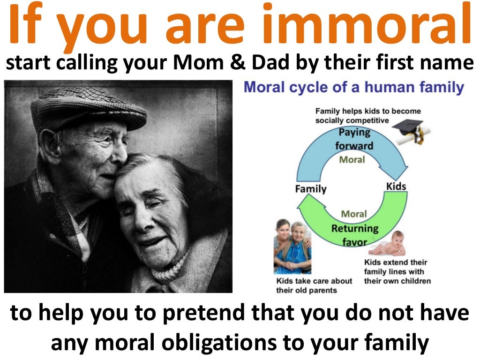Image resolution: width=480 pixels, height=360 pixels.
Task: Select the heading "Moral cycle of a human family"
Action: point(354,88)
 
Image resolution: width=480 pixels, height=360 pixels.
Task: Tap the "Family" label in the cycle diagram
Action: point(310,189)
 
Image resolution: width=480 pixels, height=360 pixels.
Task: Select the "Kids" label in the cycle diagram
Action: point(396,187)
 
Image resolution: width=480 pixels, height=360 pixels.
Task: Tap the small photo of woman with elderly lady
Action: point(292,247)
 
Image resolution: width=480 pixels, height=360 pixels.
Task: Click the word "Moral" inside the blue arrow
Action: point(352,159)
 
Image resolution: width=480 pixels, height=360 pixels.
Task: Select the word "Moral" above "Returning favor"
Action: point(354,214)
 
